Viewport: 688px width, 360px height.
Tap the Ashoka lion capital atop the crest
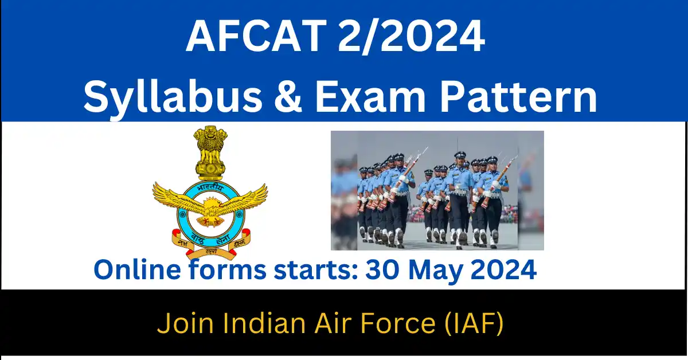pos(210,152)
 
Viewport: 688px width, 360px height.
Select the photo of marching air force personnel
pos(437,190)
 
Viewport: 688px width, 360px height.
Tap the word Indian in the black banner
pos(247,324)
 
